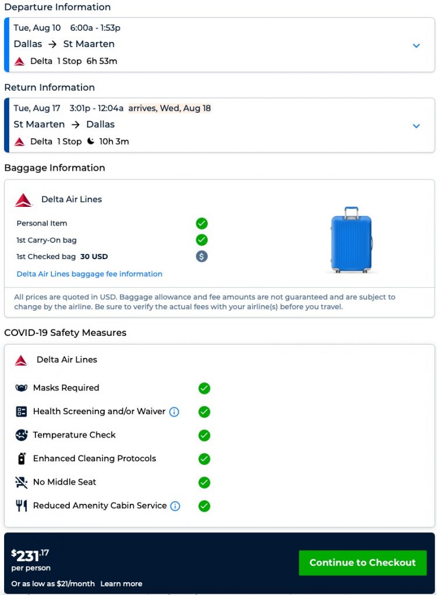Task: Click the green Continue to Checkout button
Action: point(363,562)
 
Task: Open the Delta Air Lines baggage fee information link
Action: point(89,274)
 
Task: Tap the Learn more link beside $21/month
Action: point(121,583)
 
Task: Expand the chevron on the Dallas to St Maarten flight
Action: point(416,45)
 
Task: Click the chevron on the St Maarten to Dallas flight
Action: point(416,126)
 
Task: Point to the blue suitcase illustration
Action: point(351,239)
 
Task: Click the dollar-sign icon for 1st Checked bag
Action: point(202,256)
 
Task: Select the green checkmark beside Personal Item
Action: point(202,223)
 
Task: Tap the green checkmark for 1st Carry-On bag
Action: point(202,239)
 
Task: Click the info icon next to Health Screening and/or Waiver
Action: point(174,412)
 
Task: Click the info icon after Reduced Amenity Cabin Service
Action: point(175,506)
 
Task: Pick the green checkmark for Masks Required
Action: point(204,388)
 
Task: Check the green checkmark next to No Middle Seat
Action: point(204,482)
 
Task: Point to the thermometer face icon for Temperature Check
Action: point(22,435)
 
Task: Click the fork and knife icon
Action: point(22,506)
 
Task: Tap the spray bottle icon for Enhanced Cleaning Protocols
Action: point(22,458)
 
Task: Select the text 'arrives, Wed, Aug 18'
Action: point(169,108)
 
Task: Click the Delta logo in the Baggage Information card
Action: point(23,200)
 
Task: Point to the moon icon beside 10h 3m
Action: point(90,141)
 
